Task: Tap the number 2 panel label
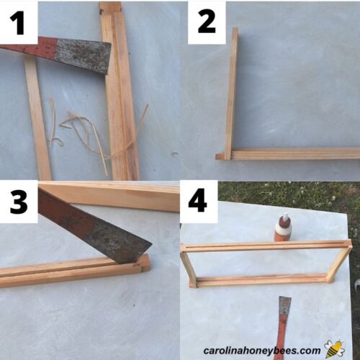click(207, 22)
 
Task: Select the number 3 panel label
click(19, 202)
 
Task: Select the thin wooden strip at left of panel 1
click(37, 119)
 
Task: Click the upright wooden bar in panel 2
click(231, 90)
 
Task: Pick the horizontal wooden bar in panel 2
click(295, 153)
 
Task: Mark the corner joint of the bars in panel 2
click(225, 154)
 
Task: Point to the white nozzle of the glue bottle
click(284, 217)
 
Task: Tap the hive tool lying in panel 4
click(284, 320)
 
